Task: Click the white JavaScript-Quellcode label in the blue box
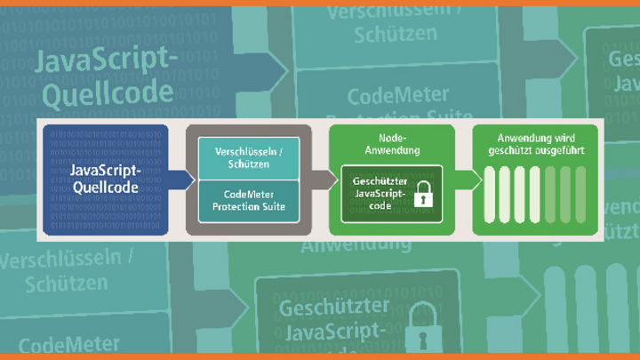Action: pyautogui.click(x=106, y=178)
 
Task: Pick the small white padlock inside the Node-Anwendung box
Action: pyautogui.click(x=424, y=195)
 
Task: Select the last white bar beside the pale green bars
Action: pyautogui.click(x=535, y=196)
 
